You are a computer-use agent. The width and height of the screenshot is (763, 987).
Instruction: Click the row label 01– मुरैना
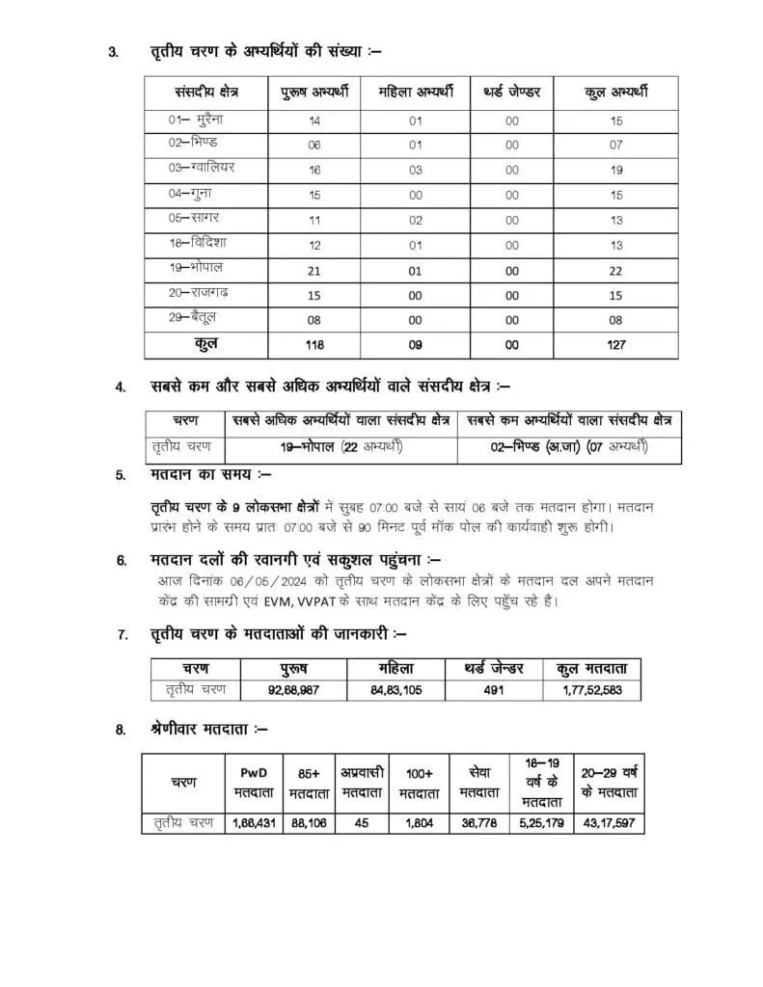(201, 120)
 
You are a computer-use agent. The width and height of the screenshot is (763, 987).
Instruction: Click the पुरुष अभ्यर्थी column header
(314, 93)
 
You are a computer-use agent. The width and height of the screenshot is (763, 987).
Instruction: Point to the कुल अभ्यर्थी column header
(616, 93)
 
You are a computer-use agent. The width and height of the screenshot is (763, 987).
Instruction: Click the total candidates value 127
(616, 344)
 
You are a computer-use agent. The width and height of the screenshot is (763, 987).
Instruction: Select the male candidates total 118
(314, 344)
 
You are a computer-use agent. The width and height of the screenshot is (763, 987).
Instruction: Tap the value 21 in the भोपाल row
(314, 269)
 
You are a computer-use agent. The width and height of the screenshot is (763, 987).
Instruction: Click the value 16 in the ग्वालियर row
(314, 170)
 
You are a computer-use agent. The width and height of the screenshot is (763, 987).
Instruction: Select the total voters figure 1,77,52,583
(594, 690)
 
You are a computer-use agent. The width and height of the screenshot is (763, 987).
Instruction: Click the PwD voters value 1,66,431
(256, 823)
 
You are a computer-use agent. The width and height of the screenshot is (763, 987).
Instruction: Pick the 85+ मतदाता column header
(310, 782)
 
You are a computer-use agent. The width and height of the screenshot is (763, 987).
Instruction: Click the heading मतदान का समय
(211, 475)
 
